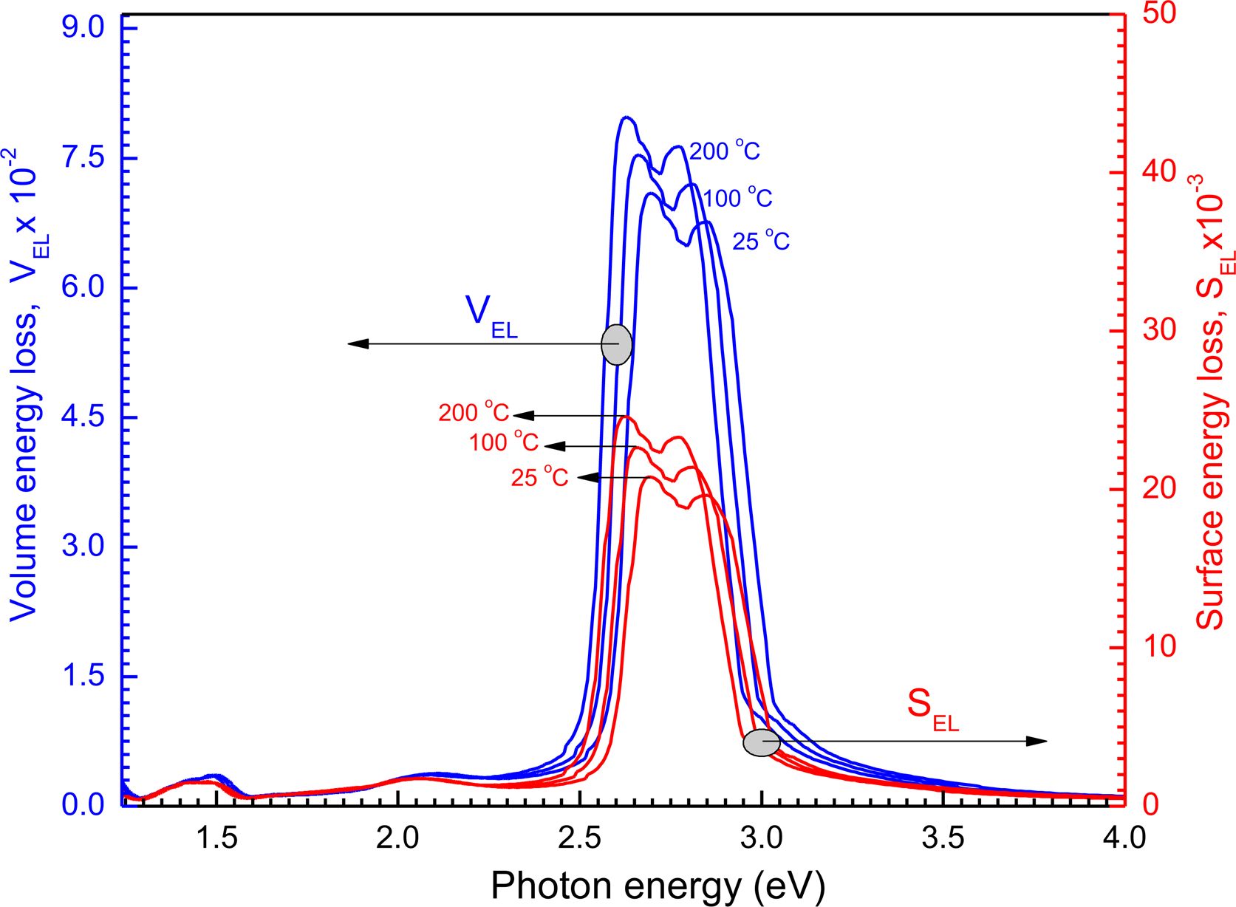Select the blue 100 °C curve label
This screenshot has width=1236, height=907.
pyautogui.click(x=737, y=199)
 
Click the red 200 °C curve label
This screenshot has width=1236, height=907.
pyautogui.click(x=474, y=412)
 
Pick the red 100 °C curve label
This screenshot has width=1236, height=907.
pyautogui.click(x=504, y=442)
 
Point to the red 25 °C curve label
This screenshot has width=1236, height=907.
pyautogui.click(x=539, y=477)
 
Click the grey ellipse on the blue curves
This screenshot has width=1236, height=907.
pyautogui.click(x=617, y=344)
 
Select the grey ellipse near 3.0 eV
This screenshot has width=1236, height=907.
pyautogui.click(x=762, y=742)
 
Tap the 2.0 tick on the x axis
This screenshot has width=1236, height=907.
pyautogui.click(x=398, y=839)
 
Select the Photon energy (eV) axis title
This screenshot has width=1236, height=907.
pyautogui.click(x=658, y=886)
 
